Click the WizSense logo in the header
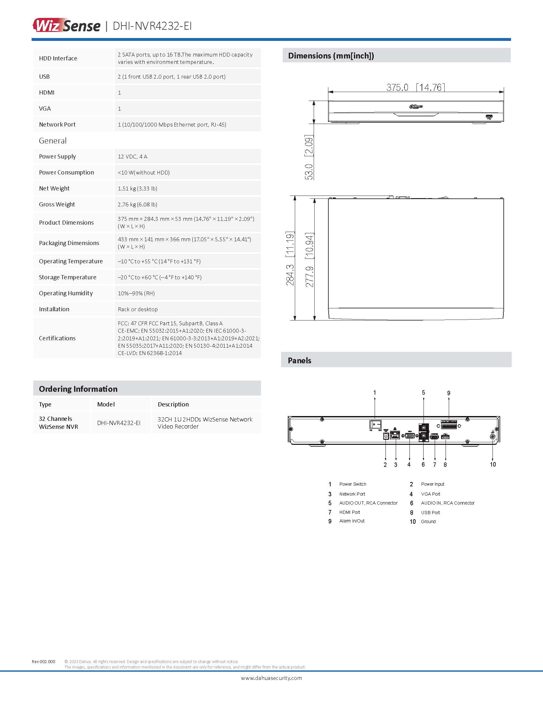[x=66, y=26]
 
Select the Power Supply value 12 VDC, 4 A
[x=133, y=157]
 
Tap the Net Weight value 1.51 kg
[x=137, y=188]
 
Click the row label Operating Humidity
[x=65, y=293]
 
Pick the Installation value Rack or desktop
[x=138, y=309]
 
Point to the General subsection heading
[x=53, y=141]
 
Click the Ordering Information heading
[x=78, y=389]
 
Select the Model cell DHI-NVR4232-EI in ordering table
[x=119, y=423]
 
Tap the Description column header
[x=173, y=404]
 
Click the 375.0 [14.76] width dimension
[x=415, y=87]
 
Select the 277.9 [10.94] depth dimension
[x=309, y=259]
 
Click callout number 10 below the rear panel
[x=493, y=465]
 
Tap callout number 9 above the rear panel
[x=448, y=393]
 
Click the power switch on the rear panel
[x=375, y=424]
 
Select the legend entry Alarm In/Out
[x=352, y=521]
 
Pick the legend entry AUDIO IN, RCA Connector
[x=447, y=503]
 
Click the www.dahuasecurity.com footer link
[x=271, y=678]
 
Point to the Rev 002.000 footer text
[x=43, y=661]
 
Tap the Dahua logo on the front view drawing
[x=416, y=106]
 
